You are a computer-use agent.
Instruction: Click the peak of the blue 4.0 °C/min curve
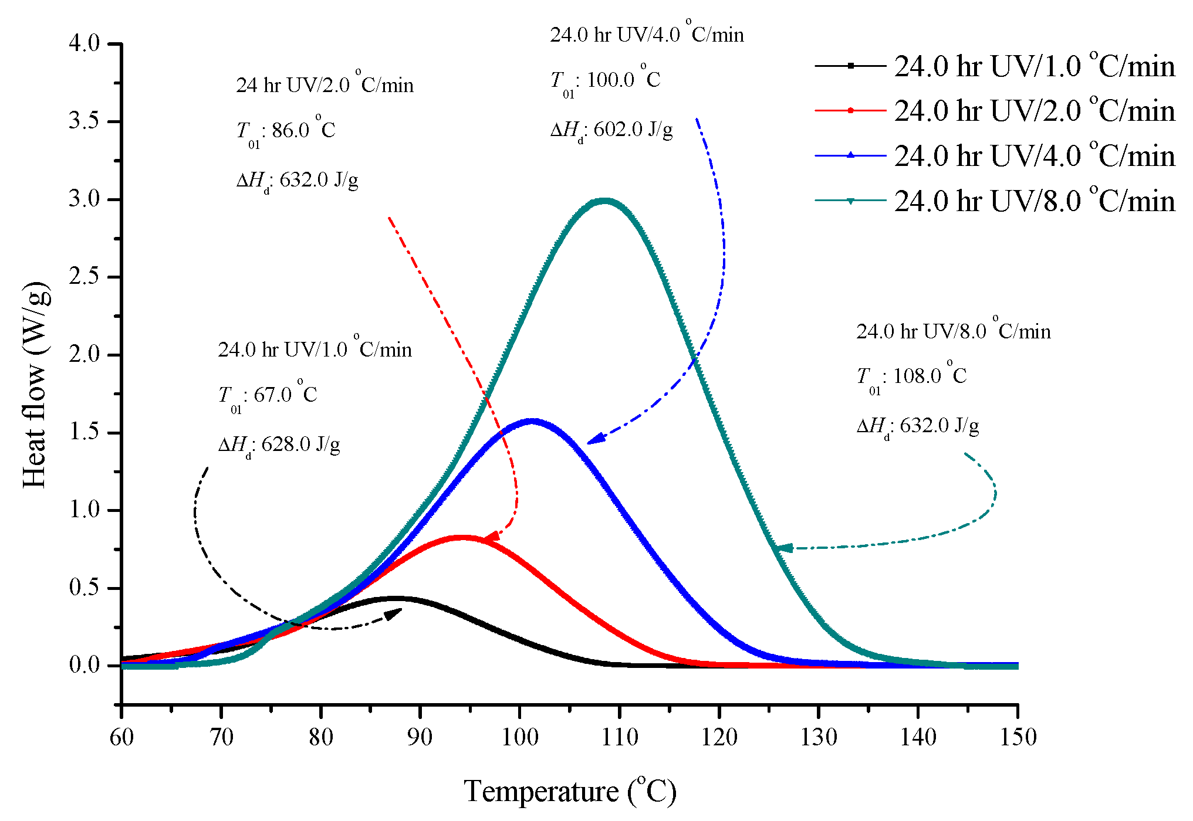(533, 421)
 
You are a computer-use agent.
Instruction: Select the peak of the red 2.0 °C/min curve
(462, 538)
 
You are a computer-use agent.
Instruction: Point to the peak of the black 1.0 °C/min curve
(396, 599)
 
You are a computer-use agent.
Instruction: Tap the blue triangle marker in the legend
(850, 155)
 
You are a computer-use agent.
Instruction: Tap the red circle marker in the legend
(850, 110)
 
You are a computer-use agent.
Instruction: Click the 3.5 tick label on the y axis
(85, 121)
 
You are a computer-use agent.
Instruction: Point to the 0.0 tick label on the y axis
(85, 665)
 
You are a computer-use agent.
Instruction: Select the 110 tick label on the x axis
(620, 737)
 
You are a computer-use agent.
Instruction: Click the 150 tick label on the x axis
(1018, 737)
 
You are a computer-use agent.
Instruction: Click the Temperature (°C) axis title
(570, 791)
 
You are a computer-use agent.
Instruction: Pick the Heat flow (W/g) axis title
(35, 385)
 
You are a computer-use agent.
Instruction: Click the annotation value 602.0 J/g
(633, 130)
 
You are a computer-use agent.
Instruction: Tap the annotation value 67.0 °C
(285, 395)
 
